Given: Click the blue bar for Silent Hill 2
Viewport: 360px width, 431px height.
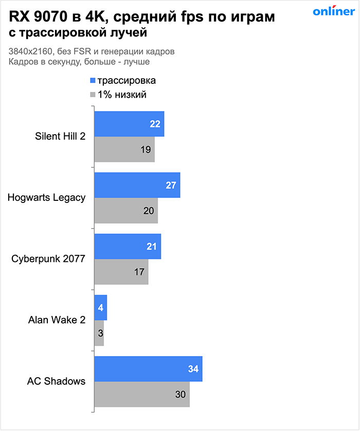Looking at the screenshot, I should point(129,124).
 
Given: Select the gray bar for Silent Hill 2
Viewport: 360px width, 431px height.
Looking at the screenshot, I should point(124,149).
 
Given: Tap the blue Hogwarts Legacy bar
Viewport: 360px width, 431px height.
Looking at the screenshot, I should point(137,185).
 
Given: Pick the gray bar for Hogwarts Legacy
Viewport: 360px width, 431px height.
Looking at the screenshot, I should point(125,211).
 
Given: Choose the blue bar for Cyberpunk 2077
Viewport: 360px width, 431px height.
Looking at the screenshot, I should point(127,246).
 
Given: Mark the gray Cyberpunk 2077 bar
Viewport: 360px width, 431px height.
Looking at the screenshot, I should point(121,272).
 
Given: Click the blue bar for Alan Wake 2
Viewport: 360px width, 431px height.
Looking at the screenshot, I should point(100,307).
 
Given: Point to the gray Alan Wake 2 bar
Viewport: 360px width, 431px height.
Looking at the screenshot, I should point(99,333).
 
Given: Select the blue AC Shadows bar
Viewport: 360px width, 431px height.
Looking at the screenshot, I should point(148,369).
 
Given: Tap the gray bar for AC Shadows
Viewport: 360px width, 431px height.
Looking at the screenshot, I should point(141,394).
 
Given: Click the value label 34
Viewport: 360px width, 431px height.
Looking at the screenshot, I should point(193,369).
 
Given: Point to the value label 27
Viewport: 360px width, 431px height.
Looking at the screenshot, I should point(171,185).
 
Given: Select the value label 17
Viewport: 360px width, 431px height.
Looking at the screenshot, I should point(139,272).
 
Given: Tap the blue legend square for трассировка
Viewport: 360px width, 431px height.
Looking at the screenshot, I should point(93,81).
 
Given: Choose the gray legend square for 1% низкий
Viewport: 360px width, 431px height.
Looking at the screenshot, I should point(93,95).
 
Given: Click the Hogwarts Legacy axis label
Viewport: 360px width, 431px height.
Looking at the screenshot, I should point(47,198).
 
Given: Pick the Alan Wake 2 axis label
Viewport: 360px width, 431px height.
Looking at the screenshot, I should point(57,320).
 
